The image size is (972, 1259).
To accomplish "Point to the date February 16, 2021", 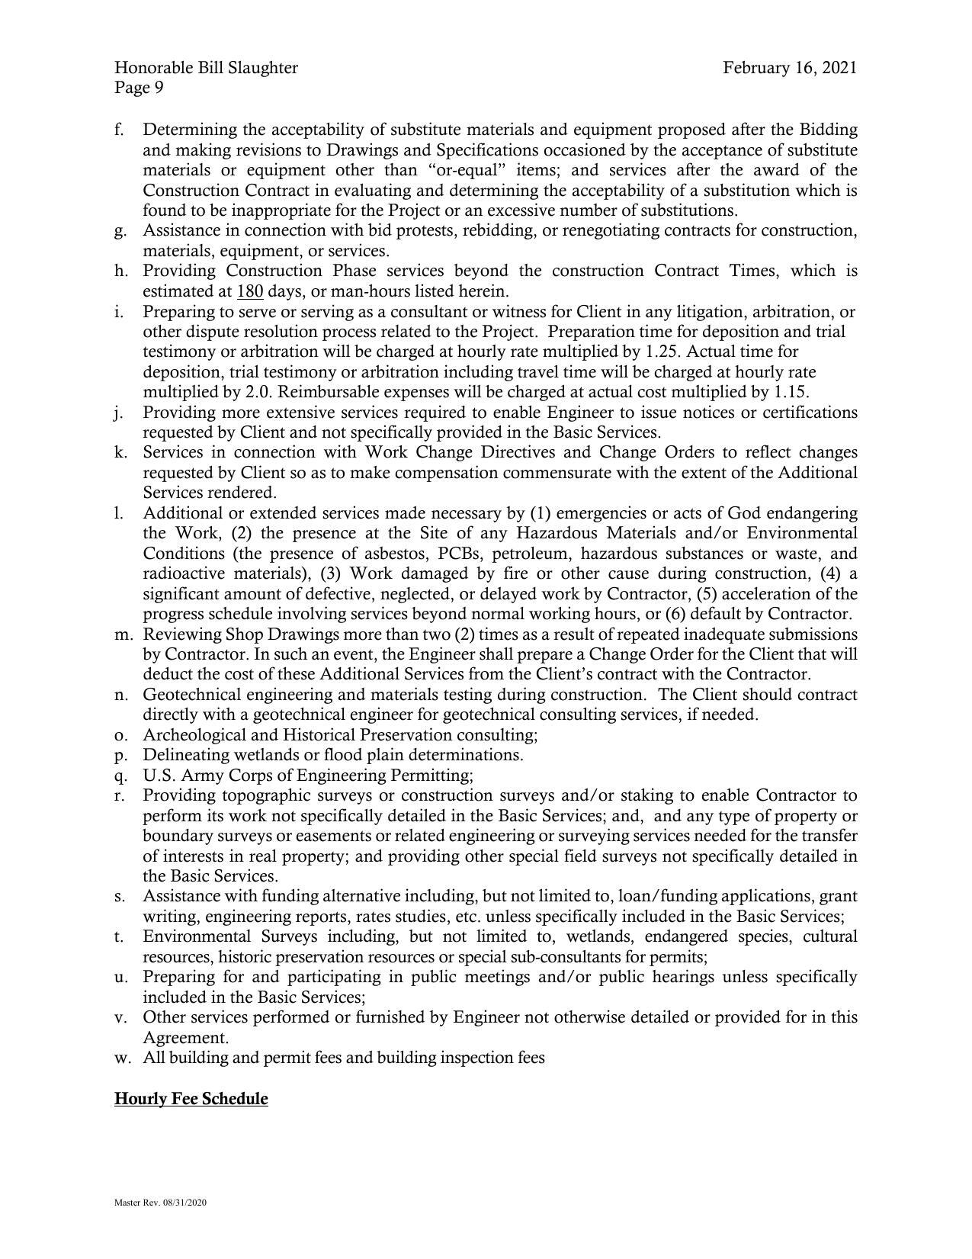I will click(790, 68).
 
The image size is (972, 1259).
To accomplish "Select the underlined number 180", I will click(250, 291).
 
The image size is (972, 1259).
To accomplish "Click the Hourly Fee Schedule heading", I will click(191, 1099).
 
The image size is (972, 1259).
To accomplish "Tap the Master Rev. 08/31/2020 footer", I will click(160, 1203).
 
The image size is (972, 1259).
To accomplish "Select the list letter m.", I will click(123, 634).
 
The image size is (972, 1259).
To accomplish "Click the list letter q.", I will click(120, 776).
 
